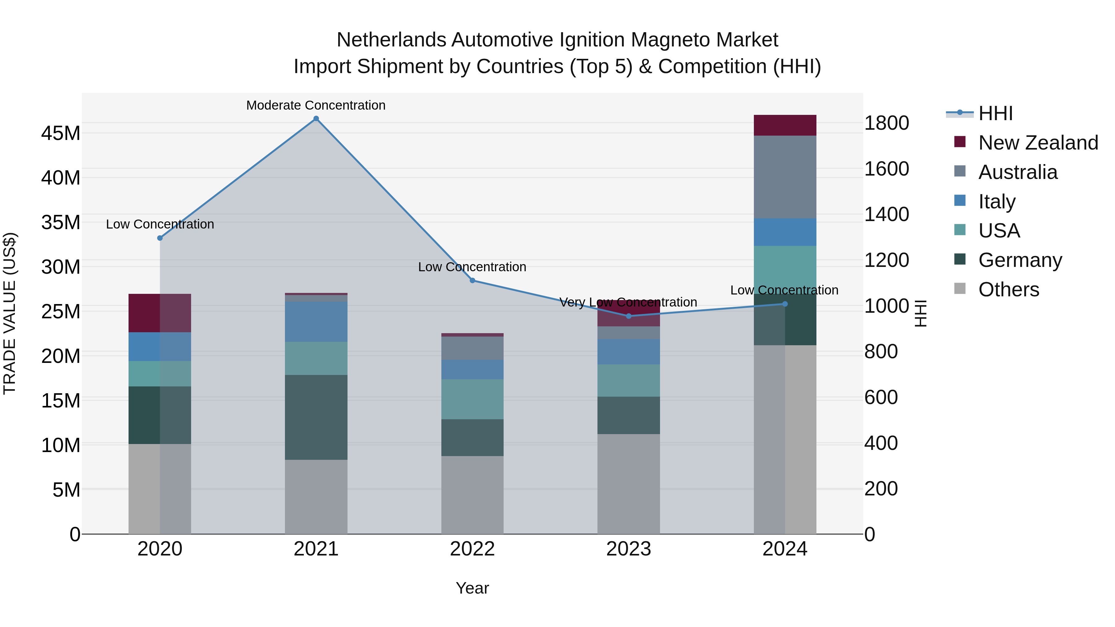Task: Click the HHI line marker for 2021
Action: [x=316, y=119]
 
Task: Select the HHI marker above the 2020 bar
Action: [x=160, y=238]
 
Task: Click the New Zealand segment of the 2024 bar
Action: [x=785, y=125]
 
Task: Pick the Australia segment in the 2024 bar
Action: [x=785, y=177]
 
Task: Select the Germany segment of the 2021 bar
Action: [x=316, y=417]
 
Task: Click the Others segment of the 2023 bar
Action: [x=628, y=484]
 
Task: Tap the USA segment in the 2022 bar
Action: [x=472, y=399]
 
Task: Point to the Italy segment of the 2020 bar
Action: [x=160, y=346]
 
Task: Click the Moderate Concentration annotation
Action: [x=316, y=105]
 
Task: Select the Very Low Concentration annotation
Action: [x=628, y=302]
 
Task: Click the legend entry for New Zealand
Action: [x=1038, y=143]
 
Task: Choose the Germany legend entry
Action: [x=1020, y=260]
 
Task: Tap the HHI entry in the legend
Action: [x=995, y=113]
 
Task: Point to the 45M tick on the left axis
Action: [x=61, y=133]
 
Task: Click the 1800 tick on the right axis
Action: [x=886, y=123]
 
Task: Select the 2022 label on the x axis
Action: [x=472, y=549]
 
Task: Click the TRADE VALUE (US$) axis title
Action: [x=10, y=313]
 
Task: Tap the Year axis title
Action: [x=472, y=588]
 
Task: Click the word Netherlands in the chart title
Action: [x=391, y=40]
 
